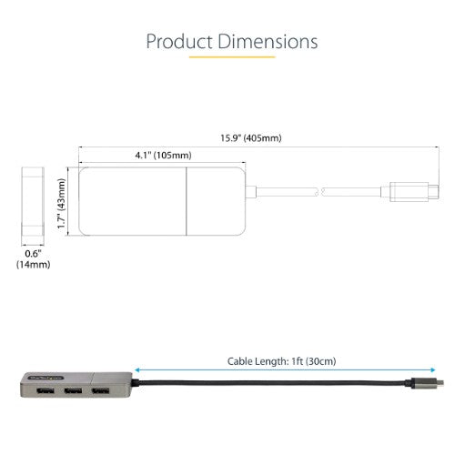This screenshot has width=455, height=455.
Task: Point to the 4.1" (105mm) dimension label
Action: [x=134, y=154]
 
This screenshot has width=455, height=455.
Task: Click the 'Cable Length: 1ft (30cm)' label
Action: [x=281, y=361]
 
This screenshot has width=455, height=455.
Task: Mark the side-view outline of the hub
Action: [x=33, y=200]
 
